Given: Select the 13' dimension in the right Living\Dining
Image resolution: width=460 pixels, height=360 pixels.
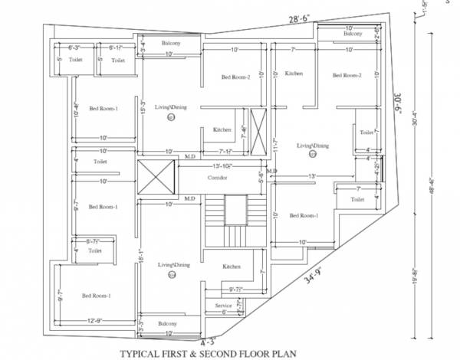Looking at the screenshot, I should (x=311, y=177).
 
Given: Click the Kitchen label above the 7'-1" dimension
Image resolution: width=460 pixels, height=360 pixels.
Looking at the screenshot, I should (x=222, y=129).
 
